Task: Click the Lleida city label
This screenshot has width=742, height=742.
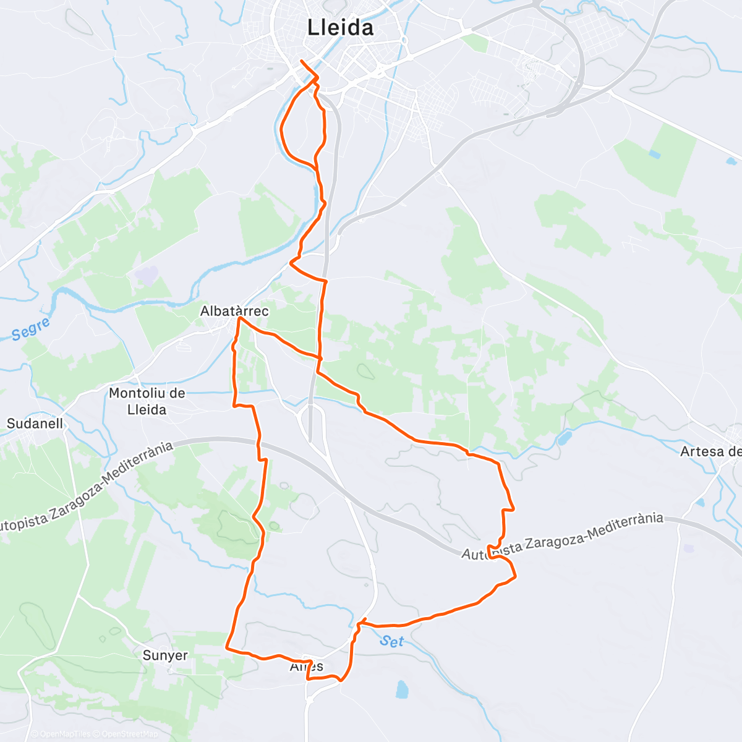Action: coord(341,28)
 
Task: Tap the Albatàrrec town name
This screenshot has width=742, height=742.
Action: coord(234,311)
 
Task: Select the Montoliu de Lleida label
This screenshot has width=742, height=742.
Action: coord(147,401)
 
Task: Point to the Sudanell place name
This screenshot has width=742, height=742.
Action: coord(35,424)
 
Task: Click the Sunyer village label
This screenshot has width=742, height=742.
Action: coord(165,655)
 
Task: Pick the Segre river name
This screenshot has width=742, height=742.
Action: coord(30,330)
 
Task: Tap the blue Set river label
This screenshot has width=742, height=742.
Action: coord(391,641)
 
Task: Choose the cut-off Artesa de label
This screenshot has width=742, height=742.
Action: coord(710,451)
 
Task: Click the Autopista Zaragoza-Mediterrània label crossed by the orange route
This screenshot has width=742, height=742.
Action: coord(562,535)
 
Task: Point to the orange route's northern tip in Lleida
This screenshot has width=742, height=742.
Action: coord(301,61)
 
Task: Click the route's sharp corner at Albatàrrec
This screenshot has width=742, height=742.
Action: coord(238,318)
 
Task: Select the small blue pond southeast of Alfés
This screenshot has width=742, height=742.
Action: coord(403,688)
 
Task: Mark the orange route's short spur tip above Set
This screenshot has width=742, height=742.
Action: coord(365,618)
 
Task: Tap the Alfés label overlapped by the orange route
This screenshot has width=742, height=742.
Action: coord(307,667)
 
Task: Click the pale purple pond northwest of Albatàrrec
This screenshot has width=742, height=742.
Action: coord(147,275)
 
